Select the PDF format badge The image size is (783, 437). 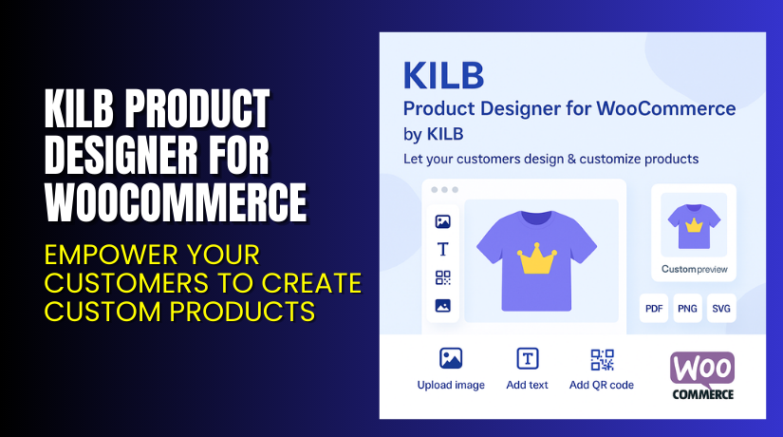click(654, 309)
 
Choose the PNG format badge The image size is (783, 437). click(687, 309)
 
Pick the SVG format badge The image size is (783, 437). click(721, 309)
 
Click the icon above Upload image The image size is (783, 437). click(451, 358)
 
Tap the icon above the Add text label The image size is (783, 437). click(527, 358)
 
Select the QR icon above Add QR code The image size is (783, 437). click(602, 359)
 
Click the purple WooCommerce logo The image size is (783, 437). click(703, 374)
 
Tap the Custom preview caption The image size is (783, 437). click(694, 268)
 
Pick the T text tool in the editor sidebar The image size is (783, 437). click(442, 250)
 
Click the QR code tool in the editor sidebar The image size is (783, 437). click(442, 277)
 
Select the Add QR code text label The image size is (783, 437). click(602, 385)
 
